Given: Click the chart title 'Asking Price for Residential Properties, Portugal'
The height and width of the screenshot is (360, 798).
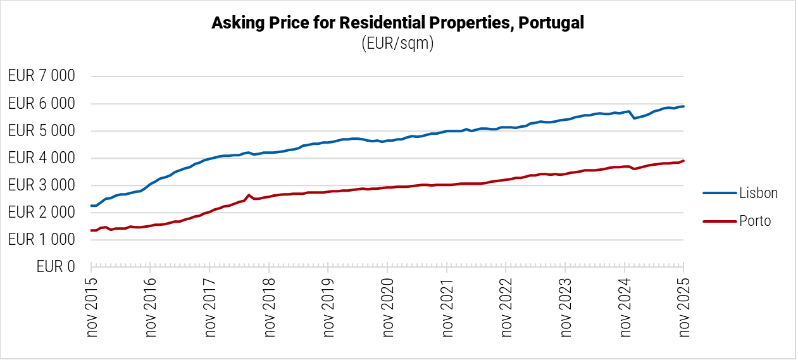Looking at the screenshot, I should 397,23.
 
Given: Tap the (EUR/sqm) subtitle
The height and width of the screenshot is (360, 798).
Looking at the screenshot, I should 397,44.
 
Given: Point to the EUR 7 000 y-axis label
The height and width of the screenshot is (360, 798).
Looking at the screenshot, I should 41,77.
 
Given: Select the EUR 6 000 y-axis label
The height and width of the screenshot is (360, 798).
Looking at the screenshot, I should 41,104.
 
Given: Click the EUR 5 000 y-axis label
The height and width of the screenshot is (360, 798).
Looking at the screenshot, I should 41,131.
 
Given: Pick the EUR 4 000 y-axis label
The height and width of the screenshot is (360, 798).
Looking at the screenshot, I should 41,158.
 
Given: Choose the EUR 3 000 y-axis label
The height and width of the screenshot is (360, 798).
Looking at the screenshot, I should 41,185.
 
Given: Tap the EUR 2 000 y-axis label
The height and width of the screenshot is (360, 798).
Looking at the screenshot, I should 41,213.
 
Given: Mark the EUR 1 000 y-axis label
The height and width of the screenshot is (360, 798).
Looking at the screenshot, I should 41,240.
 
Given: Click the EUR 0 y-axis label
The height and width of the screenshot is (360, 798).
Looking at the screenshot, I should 56,267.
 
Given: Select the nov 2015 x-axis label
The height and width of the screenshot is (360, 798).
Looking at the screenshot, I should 92,306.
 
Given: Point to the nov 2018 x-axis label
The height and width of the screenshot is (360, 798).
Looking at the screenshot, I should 269,306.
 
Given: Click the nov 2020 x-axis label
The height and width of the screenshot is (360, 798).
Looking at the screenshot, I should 387,306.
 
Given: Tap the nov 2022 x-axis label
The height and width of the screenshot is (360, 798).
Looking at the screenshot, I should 506,306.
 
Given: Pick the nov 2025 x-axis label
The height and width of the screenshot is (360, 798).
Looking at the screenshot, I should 683,306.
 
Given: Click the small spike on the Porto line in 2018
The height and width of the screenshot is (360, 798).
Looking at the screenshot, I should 249,195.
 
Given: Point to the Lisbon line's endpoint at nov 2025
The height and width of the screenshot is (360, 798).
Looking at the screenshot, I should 683,106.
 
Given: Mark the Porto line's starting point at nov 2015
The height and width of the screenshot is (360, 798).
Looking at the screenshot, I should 92,230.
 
